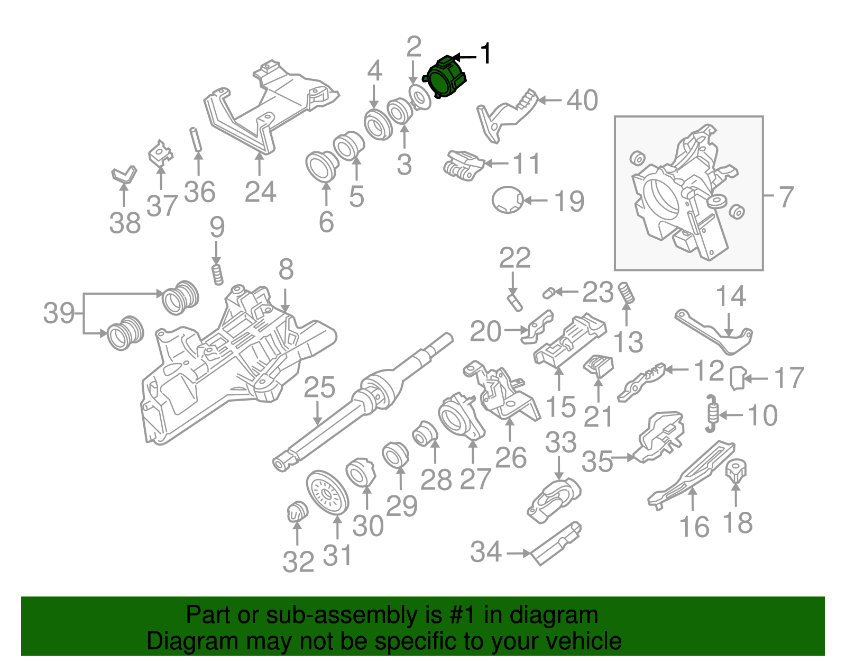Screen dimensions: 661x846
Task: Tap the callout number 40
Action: coord(582,100)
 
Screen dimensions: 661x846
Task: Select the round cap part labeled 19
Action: coord(507,200)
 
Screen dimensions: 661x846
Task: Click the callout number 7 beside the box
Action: coord(786,197)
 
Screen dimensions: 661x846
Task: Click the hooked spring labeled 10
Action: coord(712,412)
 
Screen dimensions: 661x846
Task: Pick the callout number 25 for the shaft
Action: coord(319,387)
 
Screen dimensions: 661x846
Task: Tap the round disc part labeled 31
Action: coord(327,492)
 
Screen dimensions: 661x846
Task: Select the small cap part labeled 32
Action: coord(297,512)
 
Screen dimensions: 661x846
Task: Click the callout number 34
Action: coord(485,552)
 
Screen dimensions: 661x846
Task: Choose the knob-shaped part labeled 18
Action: coord(735,469)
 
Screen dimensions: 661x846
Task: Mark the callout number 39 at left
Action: coord(59,313)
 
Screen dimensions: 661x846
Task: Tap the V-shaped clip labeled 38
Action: coord(124,175)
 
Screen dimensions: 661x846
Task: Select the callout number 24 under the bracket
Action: coord(260,192)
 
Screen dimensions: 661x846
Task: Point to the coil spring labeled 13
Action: coord(627,293)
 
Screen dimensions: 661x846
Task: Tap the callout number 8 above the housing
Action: coord(286,270)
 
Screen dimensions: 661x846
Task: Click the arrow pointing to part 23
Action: coord(566,291)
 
